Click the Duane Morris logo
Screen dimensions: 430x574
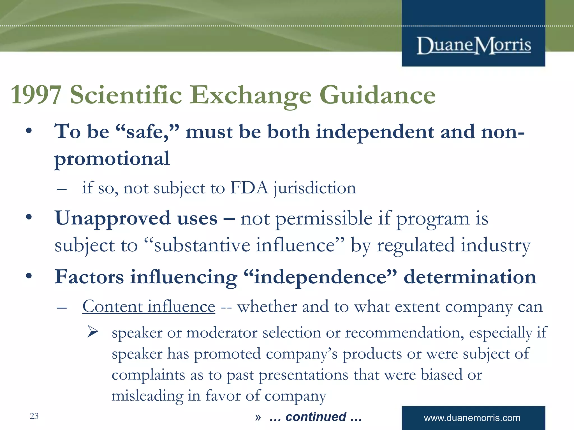pyautogui.click(x=474, y=46)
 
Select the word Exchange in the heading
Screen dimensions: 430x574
pyautogui.click(x=251, y=95)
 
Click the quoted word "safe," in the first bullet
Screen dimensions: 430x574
pyautogui.click(x=147, y=132)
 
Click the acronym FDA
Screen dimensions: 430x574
pyautogui.click(x=249, y=188)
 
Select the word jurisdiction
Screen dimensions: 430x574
pyautogui.click(x=315, y=188)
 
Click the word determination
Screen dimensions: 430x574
pyautogui.click(x=469, y=277)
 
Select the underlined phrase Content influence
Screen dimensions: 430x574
pyautogui.click(x=149, y=307)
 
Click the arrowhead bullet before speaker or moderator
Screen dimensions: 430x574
pyautogui.click(x=92, y=332)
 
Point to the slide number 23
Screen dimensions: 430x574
pyautogui.click(x=34, y=416)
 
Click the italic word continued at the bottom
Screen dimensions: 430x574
pyautogui.click(x=316, y=417)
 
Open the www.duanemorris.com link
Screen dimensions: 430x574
pyautogui.click(x=472, y=418)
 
